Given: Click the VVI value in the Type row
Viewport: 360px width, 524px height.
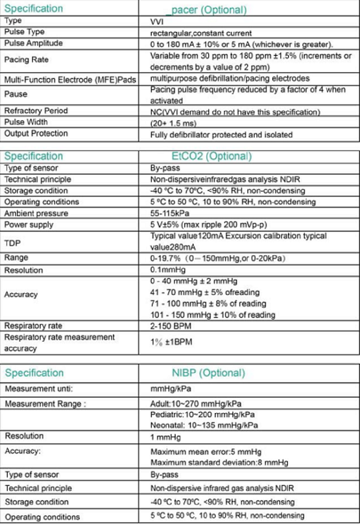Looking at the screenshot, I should coord(157,21).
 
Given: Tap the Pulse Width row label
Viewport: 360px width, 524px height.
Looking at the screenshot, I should coord(26,122).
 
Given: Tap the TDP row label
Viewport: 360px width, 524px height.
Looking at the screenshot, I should coord(13,242).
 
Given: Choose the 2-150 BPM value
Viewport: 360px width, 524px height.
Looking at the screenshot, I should coord(171,326).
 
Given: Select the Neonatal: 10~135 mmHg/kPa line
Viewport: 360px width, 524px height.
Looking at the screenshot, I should coord(204,425).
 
